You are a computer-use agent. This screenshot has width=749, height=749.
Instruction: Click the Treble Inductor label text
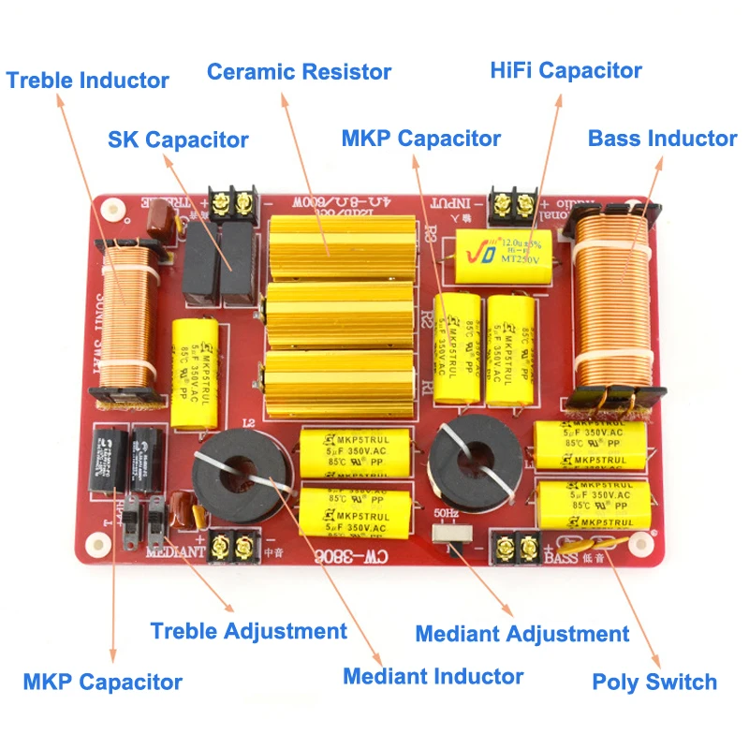[88, 81]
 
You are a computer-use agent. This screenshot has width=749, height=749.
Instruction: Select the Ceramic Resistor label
[299, 71]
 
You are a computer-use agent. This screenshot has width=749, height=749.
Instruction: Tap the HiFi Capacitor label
[566, 70]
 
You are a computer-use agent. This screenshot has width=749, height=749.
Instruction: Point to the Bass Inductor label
[662, 139]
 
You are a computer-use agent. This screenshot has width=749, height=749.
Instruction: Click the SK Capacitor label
[178, 140]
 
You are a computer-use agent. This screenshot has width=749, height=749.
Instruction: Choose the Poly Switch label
[654, 682]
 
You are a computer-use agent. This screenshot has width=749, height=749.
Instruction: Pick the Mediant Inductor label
[433, 676]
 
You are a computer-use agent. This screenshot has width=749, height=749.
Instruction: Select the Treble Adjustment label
[248, 631]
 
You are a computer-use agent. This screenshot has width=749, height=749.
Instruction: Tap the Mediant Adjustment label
[521, 634]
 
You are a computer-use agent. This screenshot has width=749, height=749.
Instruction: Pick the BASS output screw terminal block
[516, 549]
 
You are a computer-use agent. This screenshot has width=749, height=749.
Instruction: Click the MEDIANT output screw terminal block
[232, 545]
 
